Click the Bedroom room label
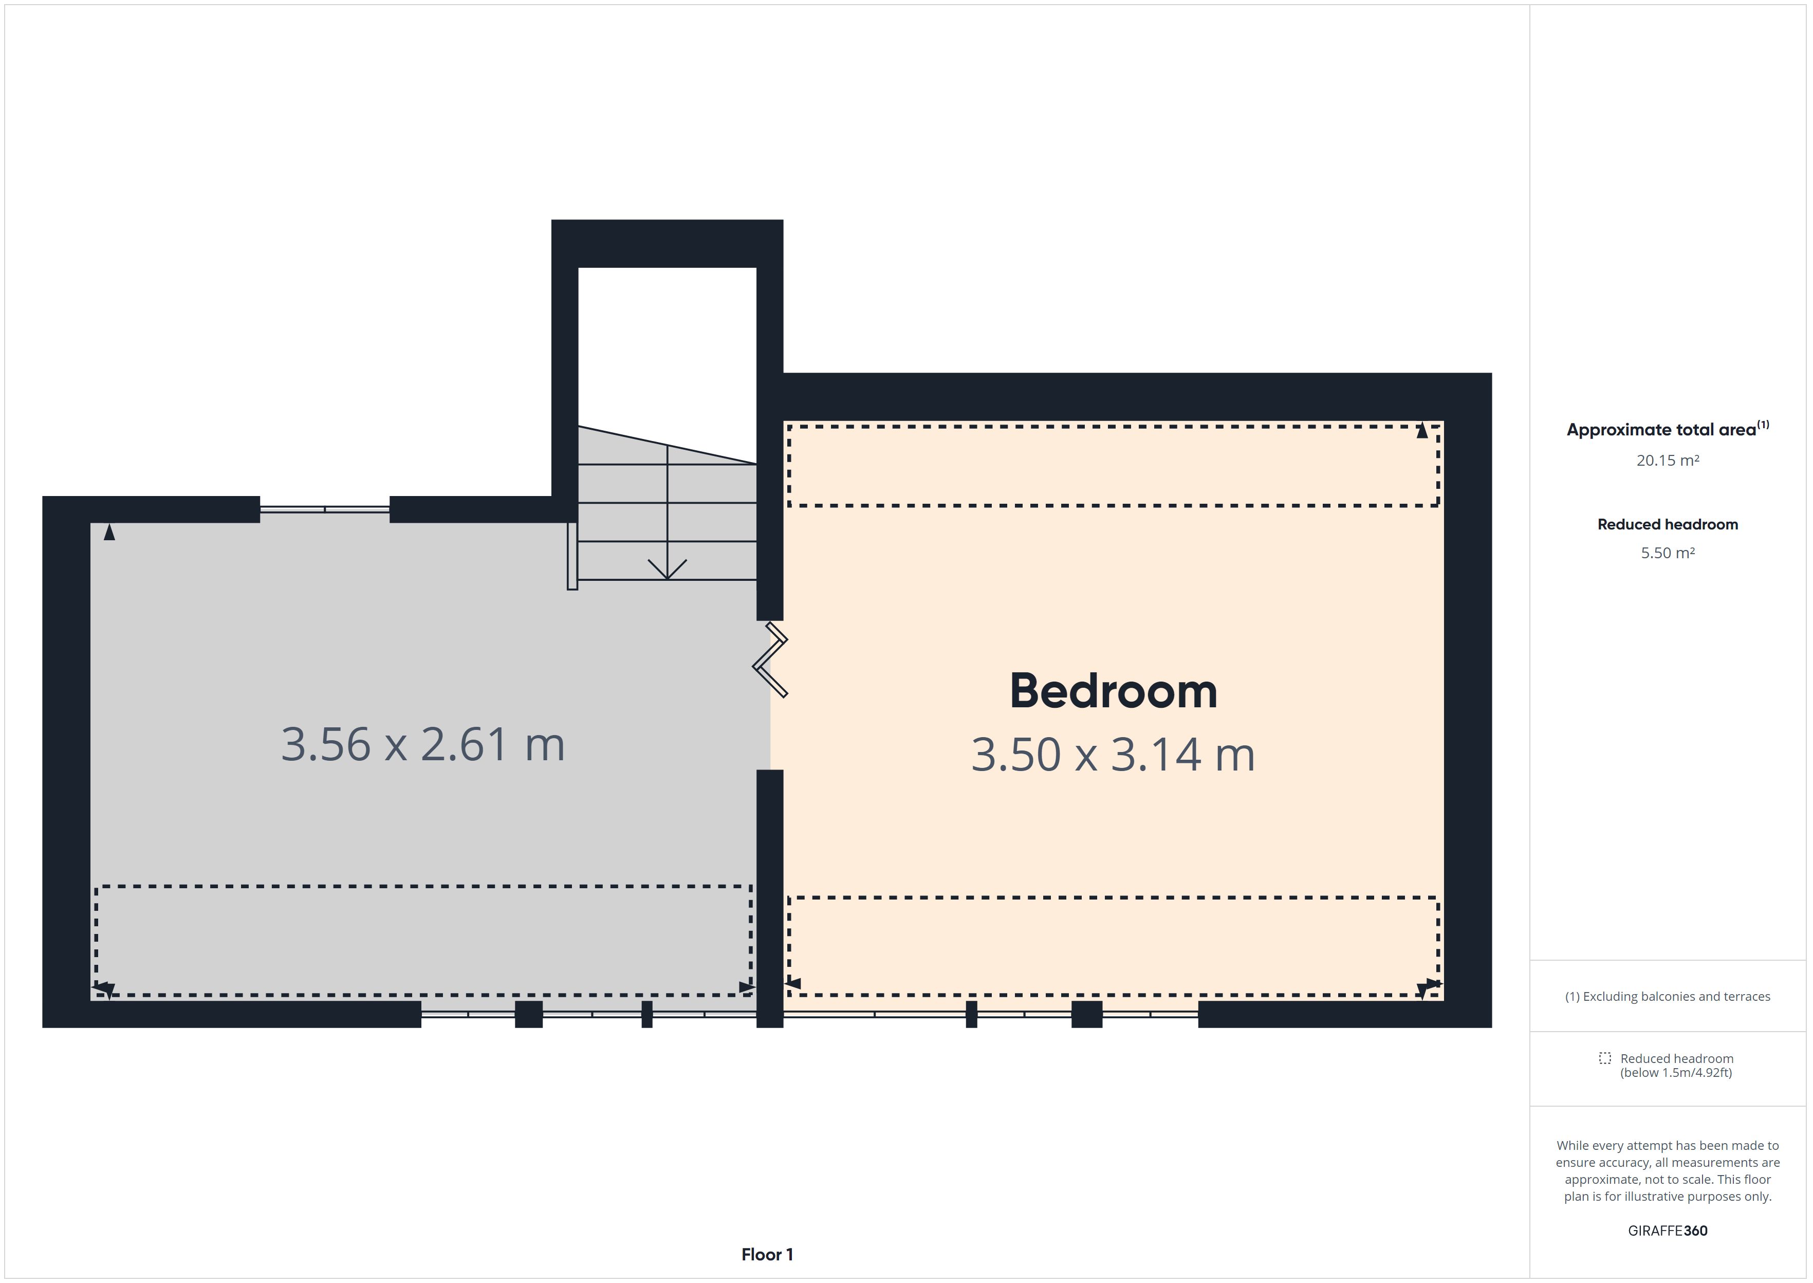pos(1114,691)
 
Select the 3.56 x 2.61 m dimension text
pos(423,744)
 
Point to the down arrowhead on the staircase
pos(667,570)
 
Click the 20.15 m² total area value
pos(1668,461)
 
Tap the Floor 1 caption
pos(767,1255)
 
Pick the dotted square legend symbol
pos(1604,1058)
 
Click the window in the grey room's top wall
pos(325,509)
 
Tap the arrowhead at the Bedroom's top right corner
pos(1422,431)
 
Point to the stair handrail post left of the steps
pos(572,555)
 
